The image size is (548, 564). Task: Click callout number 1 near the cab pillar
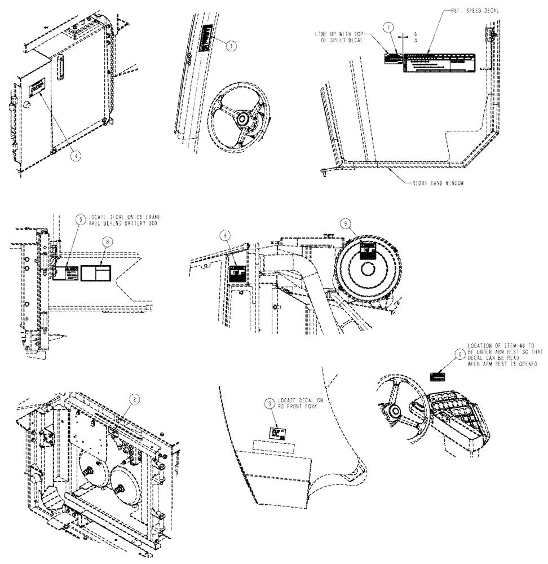(x=230, y=47)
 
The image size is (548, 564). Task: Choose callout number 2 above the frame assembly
(x=134, y=398)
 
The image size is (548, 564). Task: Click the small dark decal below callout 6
(x=438, y=376)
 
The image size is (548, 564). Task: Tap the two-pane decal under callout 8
(x=96, y=273)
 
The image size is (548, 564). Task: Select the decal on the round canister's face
(x=368, y=251)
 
